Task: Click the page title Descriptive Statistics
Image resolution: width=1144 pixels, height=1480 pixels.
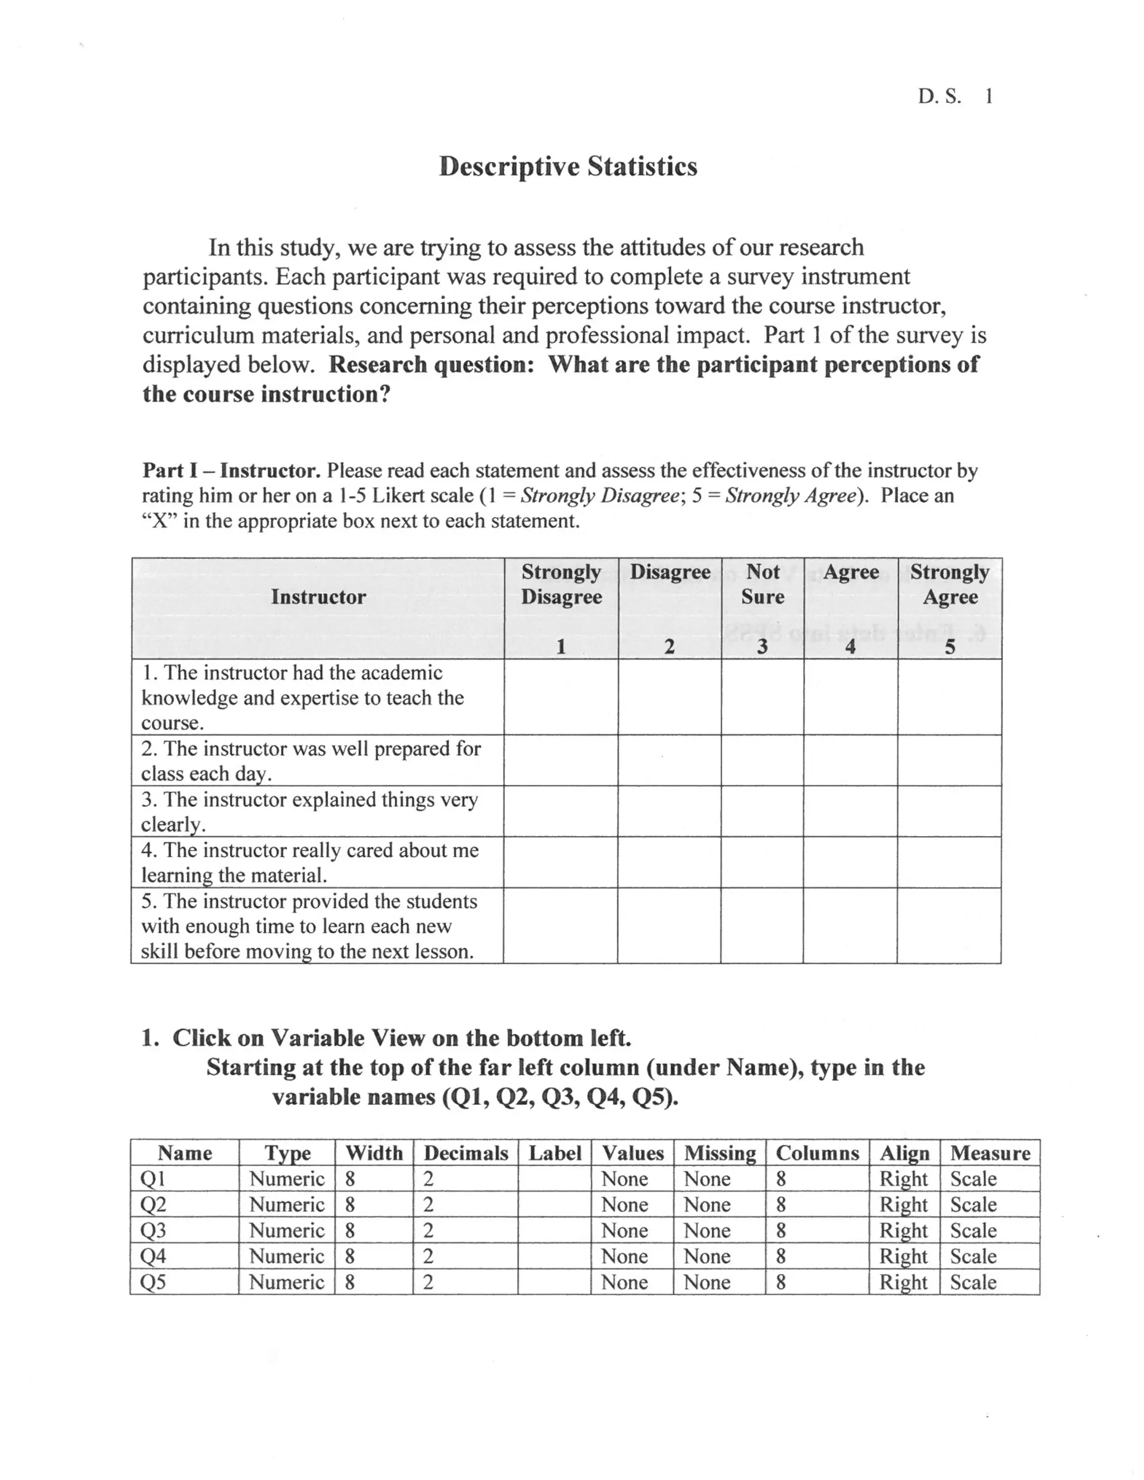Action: (x=568, y=166)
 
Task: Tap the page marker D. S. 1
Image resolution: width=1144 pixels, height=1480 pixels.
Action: (x=955, y=96)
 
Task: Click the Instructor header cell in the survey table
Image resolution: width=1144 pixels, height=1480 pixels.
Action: (x=318, y=597)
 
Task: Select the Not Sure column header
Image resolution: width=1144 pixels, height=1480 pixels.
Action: (x=762, y=584)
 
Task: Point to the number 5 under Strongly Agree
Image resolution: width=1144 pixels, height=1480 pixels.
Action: (x=950, y=647)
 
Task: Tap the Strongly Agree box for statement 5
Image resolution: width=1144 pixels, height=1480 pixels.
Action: (x=949, y=925)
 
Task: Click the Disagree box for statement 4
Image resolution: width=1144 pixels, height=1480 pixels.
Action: (x=669, y=862)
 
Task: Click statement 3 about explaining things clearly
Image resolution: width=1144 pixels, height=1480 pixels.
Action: (x=309, y=811)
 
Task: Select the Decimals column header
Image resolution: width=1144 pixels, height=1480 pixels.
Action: (x=466, y=1153)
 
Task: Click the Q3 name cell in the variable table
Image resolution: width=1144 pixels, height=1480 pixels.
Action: (x=153, y=1230)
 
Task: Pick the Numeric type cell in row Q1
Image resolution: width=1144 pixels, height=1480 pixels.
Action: (x=287, y=1178)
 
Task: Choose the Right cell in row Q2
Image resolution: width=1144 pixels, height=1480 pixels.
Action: (x=903, y=1204)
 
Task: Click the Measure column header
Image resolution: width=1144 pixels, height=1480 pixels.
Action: (x=989, y=1153)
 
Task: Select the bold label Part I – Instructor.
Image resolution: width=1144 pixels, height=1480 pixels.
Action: (x=231, y=470)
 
